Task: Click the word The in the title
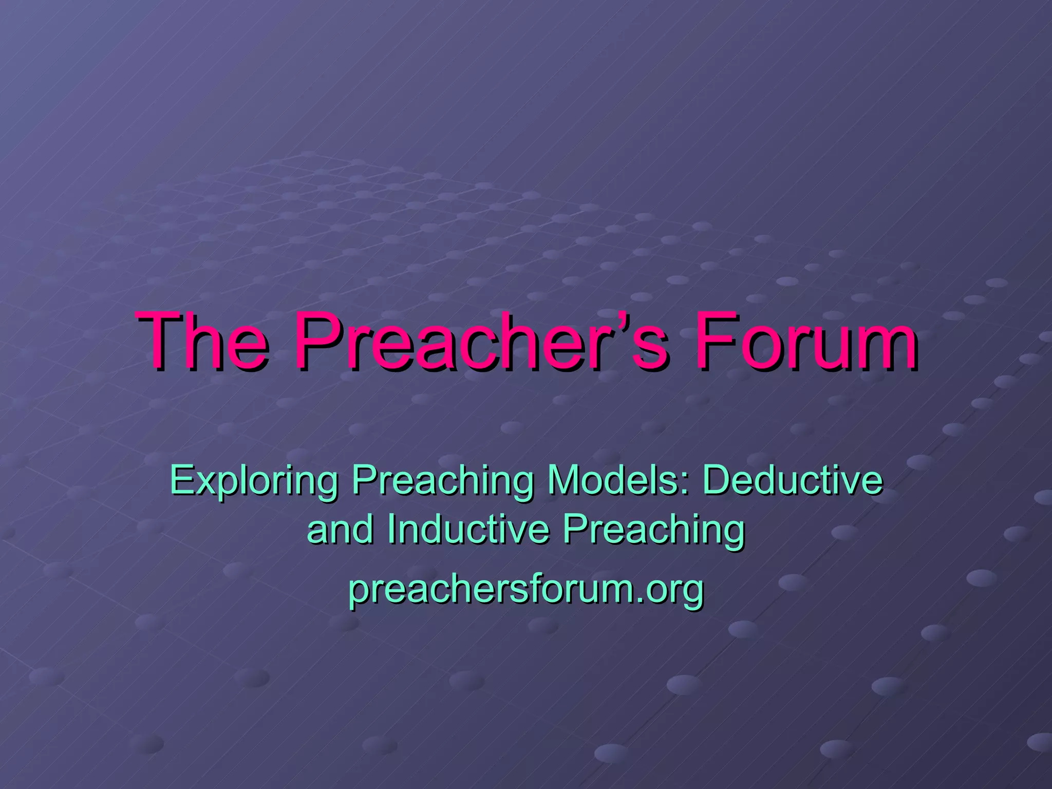coord(203,342)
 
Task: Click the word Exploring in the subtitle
coord(254,480)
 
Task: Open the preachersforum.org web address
coord(526,589)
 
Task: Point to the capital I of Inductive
coord(391,529)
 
